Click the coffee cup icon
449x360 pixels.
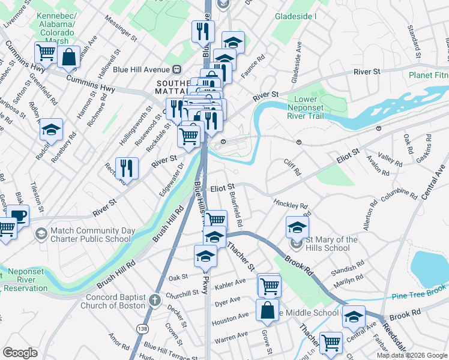click(19, 215)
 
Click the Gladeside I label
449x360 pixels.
click(296, 16)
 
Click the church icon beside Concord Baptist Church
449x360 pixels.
click(154, 299)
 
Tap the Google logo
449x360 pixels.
click(20, 353)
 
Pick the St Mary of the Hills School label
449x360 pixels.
click(328, 244)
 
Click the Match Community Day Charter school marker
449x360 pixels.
click(41, 233)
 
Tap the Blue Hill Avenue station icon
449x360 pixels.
click(177, 68)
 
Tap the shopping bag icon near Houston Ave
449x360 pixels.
click(267, 310)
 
